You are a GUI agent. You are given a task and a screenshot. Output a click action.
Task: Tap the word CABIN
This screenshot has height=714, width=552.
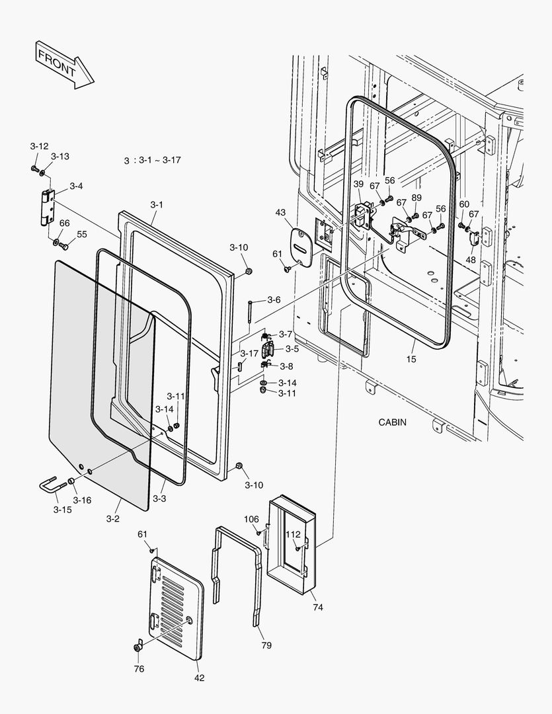(x=393, y=422)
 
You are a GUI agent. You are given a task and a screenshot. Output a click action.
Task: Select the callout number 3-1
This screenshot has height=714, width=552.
(x=156, y=205)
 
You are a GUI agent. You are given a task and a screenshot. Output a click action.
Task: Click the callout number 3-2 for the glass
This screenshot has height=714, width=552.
(x=113, y=519)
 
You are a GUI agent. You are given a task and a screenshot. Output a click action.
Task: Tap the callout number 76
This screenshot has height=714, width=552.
(x=139, y=669)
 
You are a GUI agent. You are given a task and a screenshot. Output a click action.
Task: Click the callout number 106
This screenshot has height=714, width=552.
(x=251, y=519)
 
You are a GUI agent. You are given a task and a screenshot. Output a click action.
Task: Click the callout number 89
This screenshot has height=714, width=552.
(x=416, y=198)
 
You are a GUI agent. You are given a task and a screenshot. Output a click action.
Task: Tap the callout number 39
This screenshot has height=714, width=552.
(x=358, y=184)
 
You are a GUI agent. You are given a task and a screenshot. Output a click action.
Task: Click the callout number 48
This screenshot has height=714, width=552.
(x=470, y=260)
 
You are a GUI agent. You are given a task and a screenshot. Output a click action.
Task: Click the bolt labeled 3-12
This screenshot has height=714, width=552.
(x=34, y=169)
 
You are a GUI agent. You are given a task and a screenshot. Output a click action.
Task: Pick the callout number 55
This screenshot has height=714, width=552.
(x=82, y=234)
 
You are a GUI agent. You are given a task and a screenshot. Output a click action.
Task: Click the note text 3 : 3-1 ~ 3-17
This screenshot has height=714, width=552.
(x=153, y=161)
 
